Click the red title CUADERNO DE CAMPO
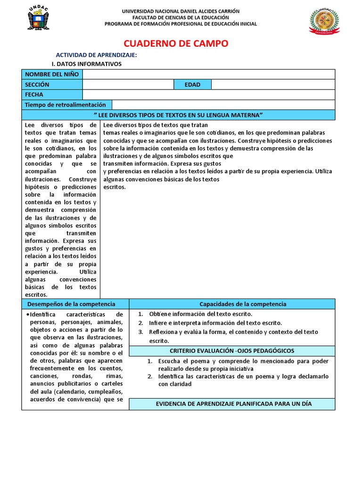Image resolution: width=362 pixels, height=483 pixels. click(181, 44)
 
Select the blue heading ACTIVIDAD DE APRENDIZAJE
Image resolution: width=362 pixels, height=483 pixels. click(96, 55)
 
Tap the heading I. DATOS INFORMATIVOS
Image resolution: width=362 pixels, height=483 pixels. click(86, 64)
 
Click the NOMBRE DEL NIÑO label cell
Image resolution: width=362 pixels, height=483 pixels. click(52, 75)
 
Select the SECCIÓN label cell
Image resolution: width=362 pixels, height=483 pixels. click(52, 84)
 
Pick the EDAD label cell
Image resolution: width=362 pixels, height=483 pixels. click(192, 84)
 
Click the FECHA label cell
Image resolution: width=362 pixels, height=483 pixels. click(52, 94)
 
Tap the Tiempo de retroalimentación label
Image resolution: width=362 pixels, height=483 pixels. click(66, 105)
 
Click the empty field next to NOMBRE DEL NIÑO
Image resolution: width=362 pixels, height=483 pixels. click(208, 75)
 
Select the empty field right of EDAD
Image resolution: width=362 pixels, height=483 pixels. click(273, 84)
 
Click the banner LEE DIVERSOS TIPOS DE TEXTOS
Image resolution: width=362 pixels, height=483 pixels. click(178, 115)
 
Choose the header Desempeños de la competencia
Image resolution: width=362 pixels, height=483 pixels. click(75, 304)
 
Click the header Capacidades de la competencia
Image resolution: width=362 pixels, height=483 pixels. click(232, 304)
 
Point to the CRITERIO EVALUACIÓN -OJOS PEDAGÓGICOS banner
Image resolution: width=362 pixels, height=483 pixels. click(232, 351)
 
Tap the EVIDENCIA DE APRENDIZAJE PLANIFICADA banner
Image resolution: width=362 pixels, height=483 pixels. click(232, 404)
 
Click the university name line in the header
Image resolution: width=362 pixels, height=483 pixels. click(181, 11)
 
